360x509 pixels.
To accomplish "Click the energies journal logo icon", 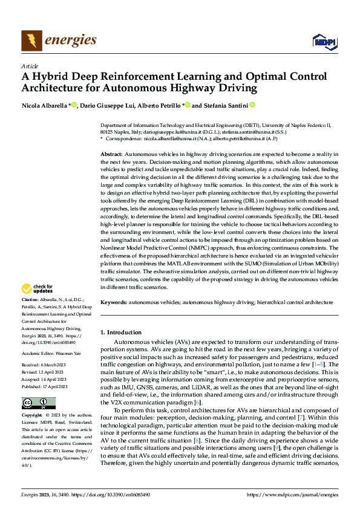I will click(x=31, y=40).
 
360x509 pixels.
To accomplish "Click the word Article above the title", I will click(x=30, y=66).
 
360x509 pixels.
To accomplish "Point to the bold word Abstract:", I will click(x=111, y=155).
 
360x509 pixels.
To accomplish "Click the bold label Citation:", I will click(x=31, y=300).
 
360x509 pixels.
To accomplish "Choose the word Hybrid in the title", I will click(x=54, y=78).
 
